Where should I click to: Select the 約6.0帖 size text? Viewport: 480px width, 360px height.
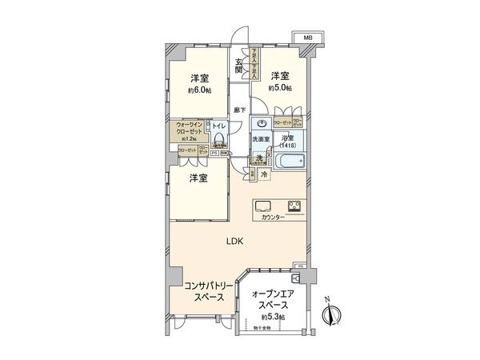200,90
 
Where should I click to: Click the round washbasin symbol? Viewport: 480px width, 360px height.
262,124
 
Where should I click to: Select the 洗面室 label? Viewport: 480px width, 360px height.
262,140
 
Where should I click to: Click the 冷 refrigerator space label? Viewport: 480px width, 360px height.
263,174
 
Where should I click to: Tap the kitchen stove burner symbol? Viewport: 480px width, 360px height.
294,206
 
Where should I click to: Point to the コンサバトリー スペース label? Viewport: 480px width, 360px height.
208,291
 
